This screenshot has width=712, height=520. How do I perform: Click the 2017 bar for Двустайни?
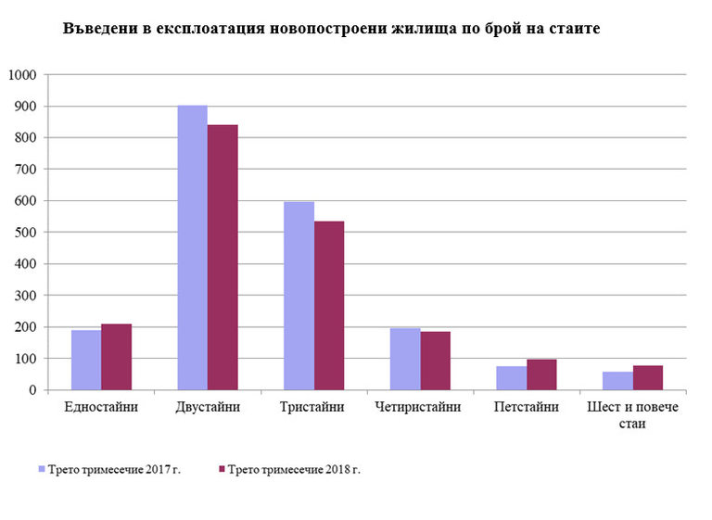coord(192,247)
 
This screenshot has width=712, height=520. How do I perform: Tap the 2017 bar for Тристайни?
coord(299,296)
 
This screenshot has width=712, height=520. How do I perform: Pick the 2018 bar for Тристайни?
coord(329,305)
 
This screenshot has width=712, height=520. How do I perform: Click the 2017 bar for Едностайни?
coord(86,360)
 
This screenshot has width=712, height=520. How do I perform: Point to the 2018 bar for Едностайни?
coord(116,357)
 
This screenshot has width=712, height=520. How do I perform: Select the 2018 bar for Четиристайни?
coord(435,361)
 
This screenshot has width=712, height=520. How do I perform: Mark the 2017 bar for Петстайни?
coord(511,378)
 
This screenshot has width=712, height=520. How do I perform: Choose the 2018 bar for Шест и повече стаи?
coord(647,377)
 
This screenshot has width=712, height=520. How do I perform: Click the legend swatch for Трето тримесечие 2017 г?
coord(41,470)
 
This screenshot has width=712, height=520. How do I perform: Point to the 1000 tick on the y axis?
coord(22,75)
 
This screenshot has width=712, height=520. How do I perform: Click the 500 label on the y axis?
coord(26,233)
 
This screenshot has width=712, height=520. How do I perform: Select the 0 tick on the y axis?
coord(32,390)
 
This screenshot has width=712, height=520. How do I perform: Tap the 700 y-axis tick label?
coord(26,170)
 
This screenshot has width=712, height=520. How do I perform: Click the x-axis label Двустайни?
coord(208,407)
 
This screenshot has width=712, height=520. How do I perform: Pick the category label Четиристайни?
coord(420,407)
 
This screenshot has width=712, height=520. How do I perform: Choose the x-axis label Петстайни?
coord(526,407)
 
